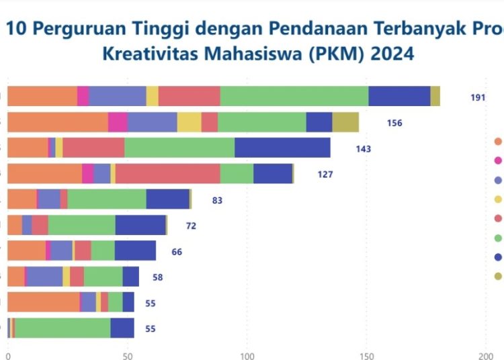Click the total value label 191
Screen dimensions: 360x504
(478, 97)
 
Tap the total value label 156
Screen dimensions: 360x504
(394, 123)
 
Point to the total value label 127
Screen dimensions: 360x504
(325, 174)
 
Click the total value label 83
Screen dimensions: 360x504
(216, 199)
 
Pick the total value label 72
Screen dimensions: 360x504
(191, 226)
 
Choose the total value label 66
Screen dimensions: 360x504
(177, 252)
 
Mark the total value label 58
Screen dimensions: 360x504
(157, 277)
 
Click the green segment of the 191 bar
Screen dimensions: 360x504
(294, 97)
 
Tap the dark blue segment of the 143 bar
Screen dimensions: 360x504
(282, 148)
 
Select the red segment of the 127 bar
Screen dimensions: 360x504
(168, 173)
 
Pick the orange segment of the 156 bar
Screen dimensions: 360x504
(58, 122)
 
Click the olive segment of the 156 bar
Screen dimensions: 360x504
(345, 122)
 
